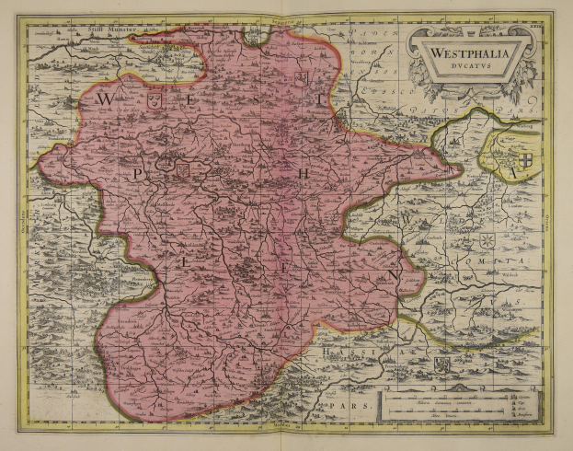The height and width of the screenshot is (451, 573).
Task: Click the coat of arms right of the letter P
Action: point(181,168)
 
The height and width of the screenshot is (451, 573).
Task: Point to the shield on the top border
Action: point(251,37)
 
